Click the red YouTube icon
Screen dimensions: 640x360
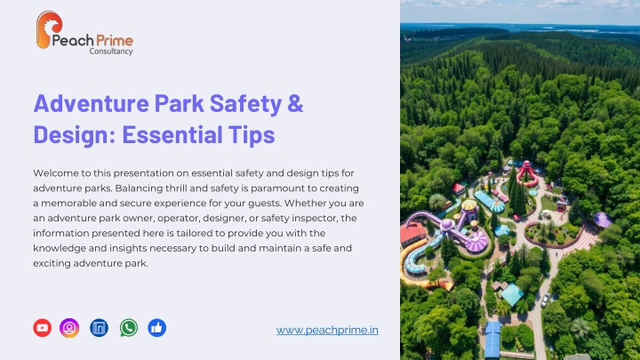(x=42, y=328)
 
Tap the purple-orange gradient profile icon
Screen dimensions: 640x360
(x=69, y=328)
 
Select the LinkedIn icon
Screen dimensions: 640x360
(x=99, y=328)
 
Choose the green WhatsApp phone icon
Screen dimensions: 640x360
(x=129, y=328)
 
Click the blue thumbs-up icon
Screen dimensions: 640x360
(x=156, y=328)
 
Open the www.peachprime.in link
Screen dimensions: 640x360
(x=327, y=330)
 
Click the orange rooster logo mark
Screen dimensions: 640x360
(x=49, y=29)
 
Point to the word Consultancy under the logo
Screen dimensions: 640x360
(x=111, y=51)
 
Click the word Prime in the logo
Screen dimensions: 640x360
(x=115, y=40)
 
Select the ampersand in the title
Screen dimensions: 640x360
(x=295, y=103)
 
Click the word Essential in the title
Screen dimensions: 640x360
(x=172, y=134)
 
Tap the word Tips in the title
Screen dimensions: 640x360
(x=252, y=135)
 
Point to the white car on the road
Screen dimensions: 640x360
(x=545, y=300)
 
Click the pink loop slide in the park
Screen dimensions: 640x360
(x=527, y=174)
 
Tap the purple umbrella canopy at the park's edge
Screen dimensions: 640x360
(x=602, y=220)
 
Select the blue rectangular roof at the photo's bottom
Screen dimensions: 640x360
(x=492, y=340)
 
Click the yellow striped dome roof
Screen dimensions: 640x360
(x=469, y=204)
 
